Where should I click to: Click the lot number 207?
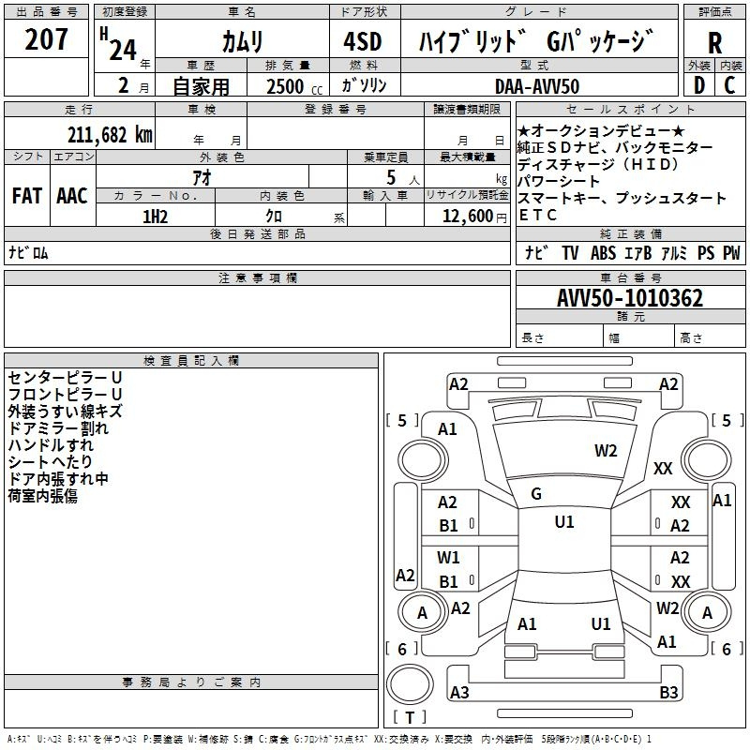point(48,39)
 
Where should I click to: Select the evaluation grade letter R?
point(714,43)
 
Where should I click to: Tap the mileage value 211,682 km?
point(109,134)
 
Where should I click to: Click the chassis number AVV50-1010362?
point(630,298)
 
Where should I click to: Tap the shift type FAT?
point(26,195)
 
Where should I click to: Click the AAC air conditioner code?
point(71,195)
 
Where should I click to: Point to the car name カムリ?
point(242,43)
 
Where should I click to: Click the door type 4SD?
point(363,42)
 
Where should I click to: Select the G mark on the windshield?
point(536,494)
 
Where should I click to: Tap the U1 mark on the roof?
point(564,522)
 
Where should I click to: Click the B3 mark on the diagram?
point(668,693)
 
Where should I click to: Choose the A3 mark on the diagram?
point(459,693)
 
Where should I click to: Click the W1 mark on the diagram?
point(449,557)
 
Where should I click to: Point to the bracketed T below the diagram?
point(409,718)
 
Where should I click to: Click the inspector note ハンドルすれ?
point(51,445)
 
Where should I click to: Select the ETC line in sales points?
point(538,215)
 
